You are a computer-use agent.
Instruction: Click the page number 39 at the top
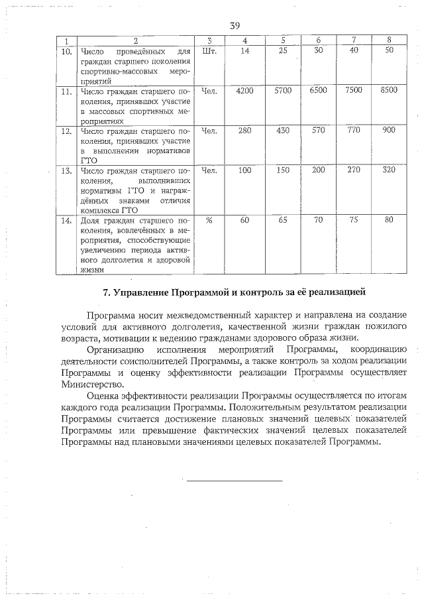234,26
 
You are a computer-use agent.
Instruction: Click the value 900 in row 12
389,131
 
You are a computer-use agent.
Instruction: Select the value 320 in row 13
389,170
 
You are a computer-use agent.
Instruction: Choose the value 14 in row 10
244,50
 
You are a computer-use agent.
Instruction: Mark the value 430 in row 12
283,131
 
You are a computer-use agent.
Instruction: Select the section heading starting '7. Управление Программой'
235,292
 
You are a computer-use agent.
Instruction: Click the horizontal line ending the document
234,480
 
